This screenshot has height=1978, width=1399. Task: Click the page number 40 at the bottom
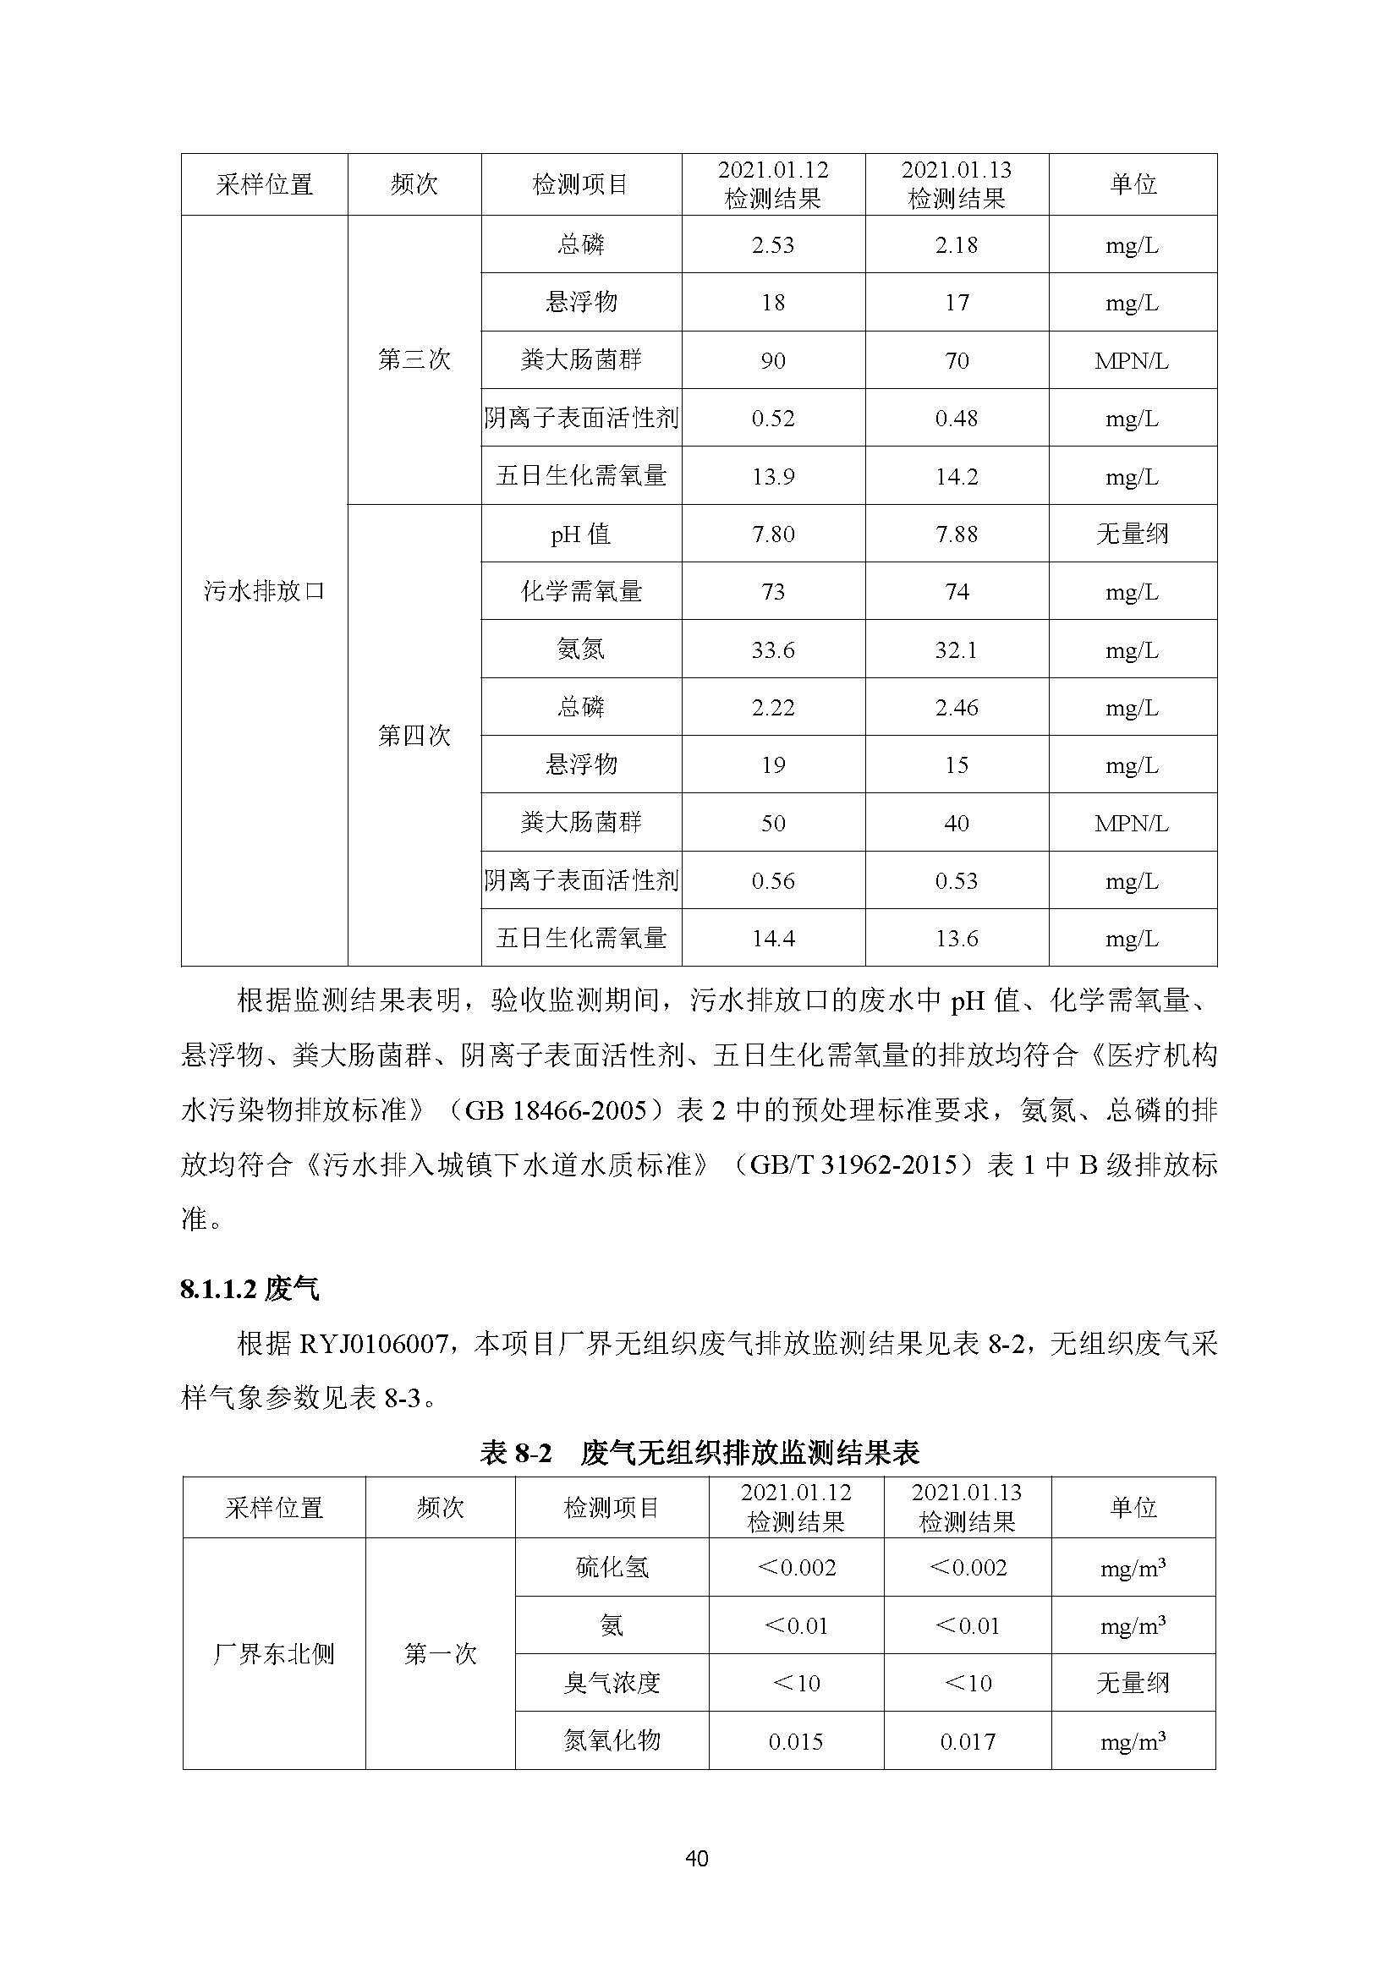697,1858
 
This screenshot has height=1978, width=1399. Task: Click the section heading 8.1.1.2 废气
249,1289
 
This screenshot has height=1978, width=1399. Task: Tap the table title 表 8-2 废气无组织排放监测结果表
699,1454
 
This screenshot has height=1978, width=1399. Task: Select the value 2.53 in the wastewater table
773,245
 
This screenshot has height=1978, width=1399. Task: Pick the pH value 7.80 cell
773,534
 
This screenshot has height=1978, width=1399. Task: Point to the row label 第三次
414,360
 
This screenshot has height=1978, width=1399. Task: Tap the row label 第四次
414,736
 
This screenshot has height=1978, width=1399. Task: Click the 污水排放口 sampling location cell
265,591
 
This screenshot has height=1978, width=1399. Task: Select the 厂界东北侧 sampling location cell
274,1654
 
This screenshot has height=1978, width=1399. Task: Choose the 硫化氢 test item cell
612,1567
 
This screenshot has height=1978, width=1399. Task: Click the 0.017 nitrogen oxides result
968,1742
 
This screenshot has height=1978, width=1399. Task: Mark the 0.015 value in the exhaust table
796,1742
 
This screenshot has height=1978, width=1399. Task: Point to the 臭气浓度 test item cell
612,1684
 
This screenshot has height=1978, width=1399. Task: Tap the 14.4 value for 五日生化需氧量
773,939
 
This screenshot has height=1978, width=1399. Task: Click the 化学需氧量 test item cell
581,592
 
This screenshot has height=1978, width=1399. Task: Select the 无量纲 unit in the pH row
1132,534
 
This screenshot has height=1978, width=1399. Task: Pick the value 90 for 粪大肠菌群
773,361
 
